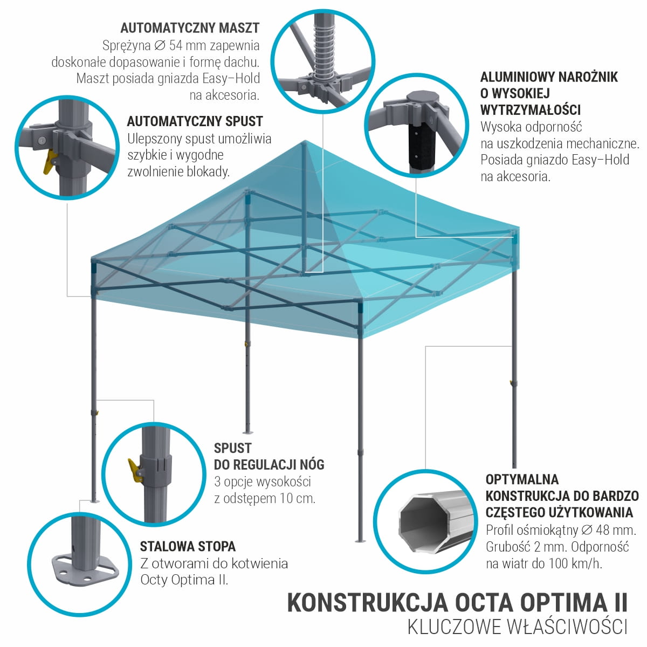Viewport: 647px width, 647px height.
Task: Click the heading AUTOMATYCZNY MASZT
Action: pyautogui.click(x=190, y=28)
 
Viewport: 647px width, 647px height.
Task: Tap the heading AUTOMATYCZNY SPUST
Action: pyautogui.click(x=195, y=121)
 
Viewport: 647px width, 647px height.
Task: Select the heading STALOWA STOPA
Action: pyautogui.click(x=188, y=547)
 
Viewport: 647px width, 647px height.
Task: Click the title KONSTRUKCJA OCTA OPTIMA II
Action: pyautogui.click(x=458, y=602)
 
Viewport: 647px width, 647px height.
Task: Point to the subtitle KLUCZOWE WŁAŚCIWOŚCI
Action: pyautogui.click(x=518, y=628)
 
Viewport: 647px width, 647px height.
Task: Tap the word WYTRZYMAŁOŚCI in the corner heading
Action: pyautogui.click(x=531, y=110)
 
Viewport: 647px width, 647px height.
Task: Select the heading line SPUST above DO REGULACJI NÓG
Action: pyautogui.click(x=232, y=448)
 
